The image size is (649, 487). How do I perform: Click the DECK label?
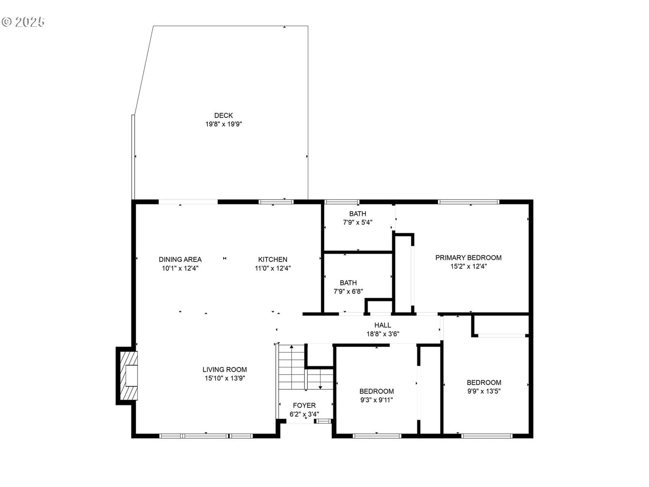click(x=223, y=115)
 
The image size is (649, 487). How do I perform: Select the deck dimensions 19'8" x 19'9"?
click(x=223, y=124)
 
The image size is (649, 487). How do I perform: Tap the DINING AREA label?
click(x=180, y=259)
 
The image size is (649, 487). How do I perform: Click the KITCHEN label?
click(x=273, y=259)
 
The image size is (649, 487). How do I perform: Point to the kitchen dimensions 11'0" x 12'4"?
click(x=273, y=268)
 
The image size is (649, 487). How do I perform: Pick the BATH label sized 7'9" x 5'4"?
click(x=357, y=213)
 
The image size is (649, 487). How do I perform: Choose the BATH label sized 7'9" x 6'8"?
click(x=348, y=283)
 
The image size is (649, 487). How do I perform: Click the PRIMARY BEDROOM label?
click(x=468, y=258)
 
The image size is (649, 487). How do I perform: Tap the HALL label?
click(x=383, y=325)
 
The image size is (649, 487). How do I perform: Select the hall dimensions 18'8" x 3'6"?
click(x=383, y=334)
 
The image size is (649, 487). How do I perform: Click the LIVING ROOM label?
click(x=224, y=369)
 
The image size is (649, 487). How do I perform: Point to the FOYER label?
click(x=304, y=405)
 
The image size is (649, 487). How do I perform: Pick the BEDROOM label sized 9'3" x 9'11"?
click(x=376, y=391)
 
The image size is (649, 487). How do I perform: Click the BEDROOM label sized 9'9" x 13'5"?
click(x=484, y=382)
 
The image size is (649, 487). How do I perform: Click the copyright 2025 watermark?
click(x=23, y=22)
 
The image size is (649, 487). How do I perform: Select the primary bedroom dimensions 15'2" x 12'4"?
click(x=468, y=266)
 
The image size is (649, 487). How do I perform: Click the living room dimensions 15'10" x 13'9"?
click(x=225, y=378)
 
